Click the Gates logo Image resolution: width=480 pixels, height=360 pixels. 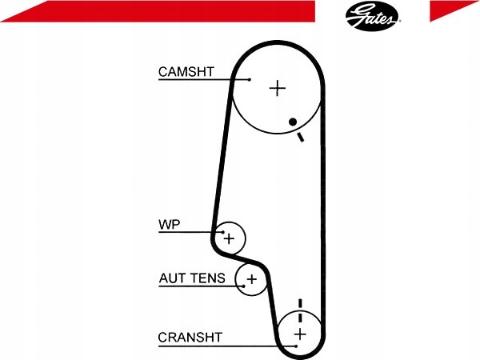pyautogui.click(x=372, y=16)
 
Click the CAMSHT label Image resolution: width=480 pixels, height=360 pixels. pyautogui.click(x=186, y=72)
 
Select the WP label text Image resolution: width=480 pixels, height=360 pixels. pyautogui.click(x=170, y=224)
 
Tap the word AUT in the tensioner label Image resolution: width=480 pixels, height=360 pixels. pyautogui.click(x=171, y=278)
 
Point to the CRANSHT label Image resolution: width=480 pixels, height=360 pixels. pyautogui.click(x=190, y=338)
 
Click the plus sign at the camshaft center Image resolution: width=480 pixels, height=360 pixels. pyautogui.click(x=278, y=88)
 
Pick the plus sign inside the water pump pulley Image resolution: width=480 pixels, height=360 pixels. pyautogui.click(x=229, y=238)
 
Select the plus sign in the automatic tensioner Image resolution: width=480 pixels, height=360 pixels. pyautogui.click(x=252, y=279)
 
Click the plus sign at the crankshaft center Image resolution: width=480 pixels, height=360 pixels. pyautogui.click(x=300, y=334)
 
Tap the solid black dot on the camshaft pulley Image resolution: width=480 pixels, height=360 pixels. pyautogui.click(x=293, y=122)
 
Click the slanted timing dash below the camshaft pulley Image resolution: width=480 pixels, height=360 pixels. pyautogui.click(x=301, y=137)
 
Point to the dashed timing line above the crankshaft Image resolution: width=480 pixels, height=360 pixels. pyautogui.click(x=300, y=310)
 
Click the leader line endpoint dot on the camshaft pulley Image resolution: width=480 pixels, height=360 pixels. pyautogui.click(x=250, y=79)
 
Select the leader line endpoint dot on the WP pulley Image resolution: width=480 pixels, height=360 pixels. pyautogui.click(x=223, y=232)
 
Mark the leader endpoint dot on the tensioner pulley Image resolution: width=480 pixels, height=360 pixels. pyautogui.click(x=244, y=286)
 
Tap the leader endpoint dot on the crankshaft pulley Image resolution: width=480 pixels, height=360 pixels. pyautogui.click(x=296, y=346)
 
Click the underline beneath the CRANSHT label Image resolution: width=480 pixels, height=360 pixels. pyautogui.click(x=227, y=346)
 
